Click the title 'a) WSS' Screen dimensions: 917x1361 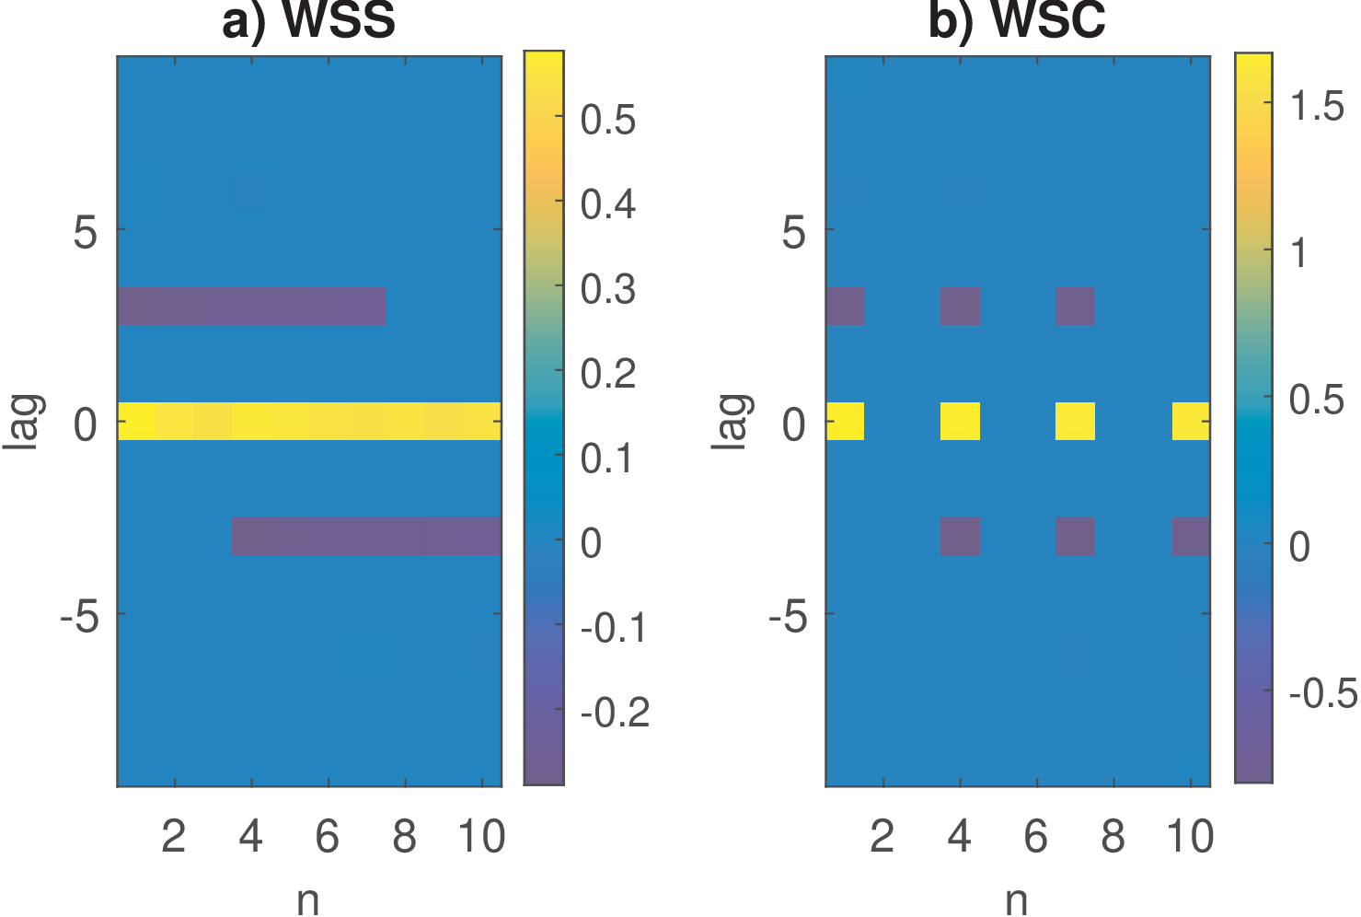[x=309, y=21]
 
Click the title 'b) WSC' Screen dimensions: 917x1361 [x=1017, y=21]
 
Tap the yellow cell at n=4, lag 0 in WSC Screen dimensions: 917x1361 [x=960, y=421]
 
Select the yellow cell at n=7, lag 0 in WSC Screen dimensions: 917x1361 [x=1075, y=421]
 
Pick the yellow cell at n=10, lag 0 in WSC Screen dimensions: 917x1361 [x=1191, y=421]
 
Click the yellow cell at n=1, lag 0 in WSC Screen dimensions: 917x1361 [x=845, y=421]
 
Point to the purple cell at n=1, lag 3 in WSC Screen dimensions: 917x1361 [x=845, y=306]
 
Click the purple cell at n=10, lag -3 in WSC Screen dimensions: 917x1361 [x=1191, y=536]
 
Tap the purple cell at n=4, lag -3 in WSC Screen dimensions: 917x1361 [x=960, y=536]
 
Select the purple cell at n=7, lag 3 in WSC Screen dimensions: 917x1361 [x=1075, y=306]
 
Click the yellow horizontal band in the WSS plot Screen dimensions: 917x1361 [x=309, y=421]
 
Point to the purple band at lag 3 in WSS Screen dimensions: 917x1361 [x=251, y=306]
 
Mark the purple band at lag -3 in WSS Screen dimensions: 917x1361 [x=366, y=536]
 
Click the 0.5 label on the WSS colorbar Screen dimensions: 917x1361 [x=608, y=120]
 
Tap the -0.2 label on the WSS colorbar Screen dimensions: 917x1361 [x=615, y=712]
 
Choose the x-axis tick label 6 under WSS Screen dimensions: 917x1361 [x=328, y=837]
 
